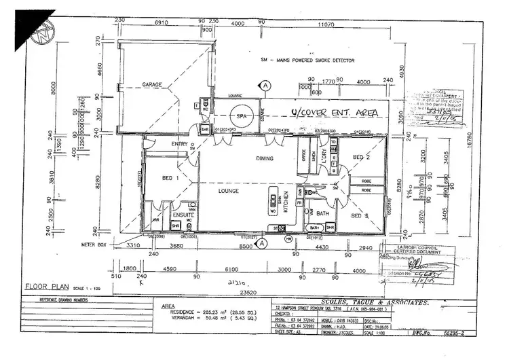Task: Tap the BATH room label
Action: click(323, 214)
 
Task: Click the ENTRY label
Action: click(161, 144)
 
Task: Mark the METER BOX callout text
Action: click(96, 244)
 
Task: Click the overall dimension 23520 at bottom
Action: click(244, 293)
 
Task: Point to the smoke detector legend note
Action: click(309, 60)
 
